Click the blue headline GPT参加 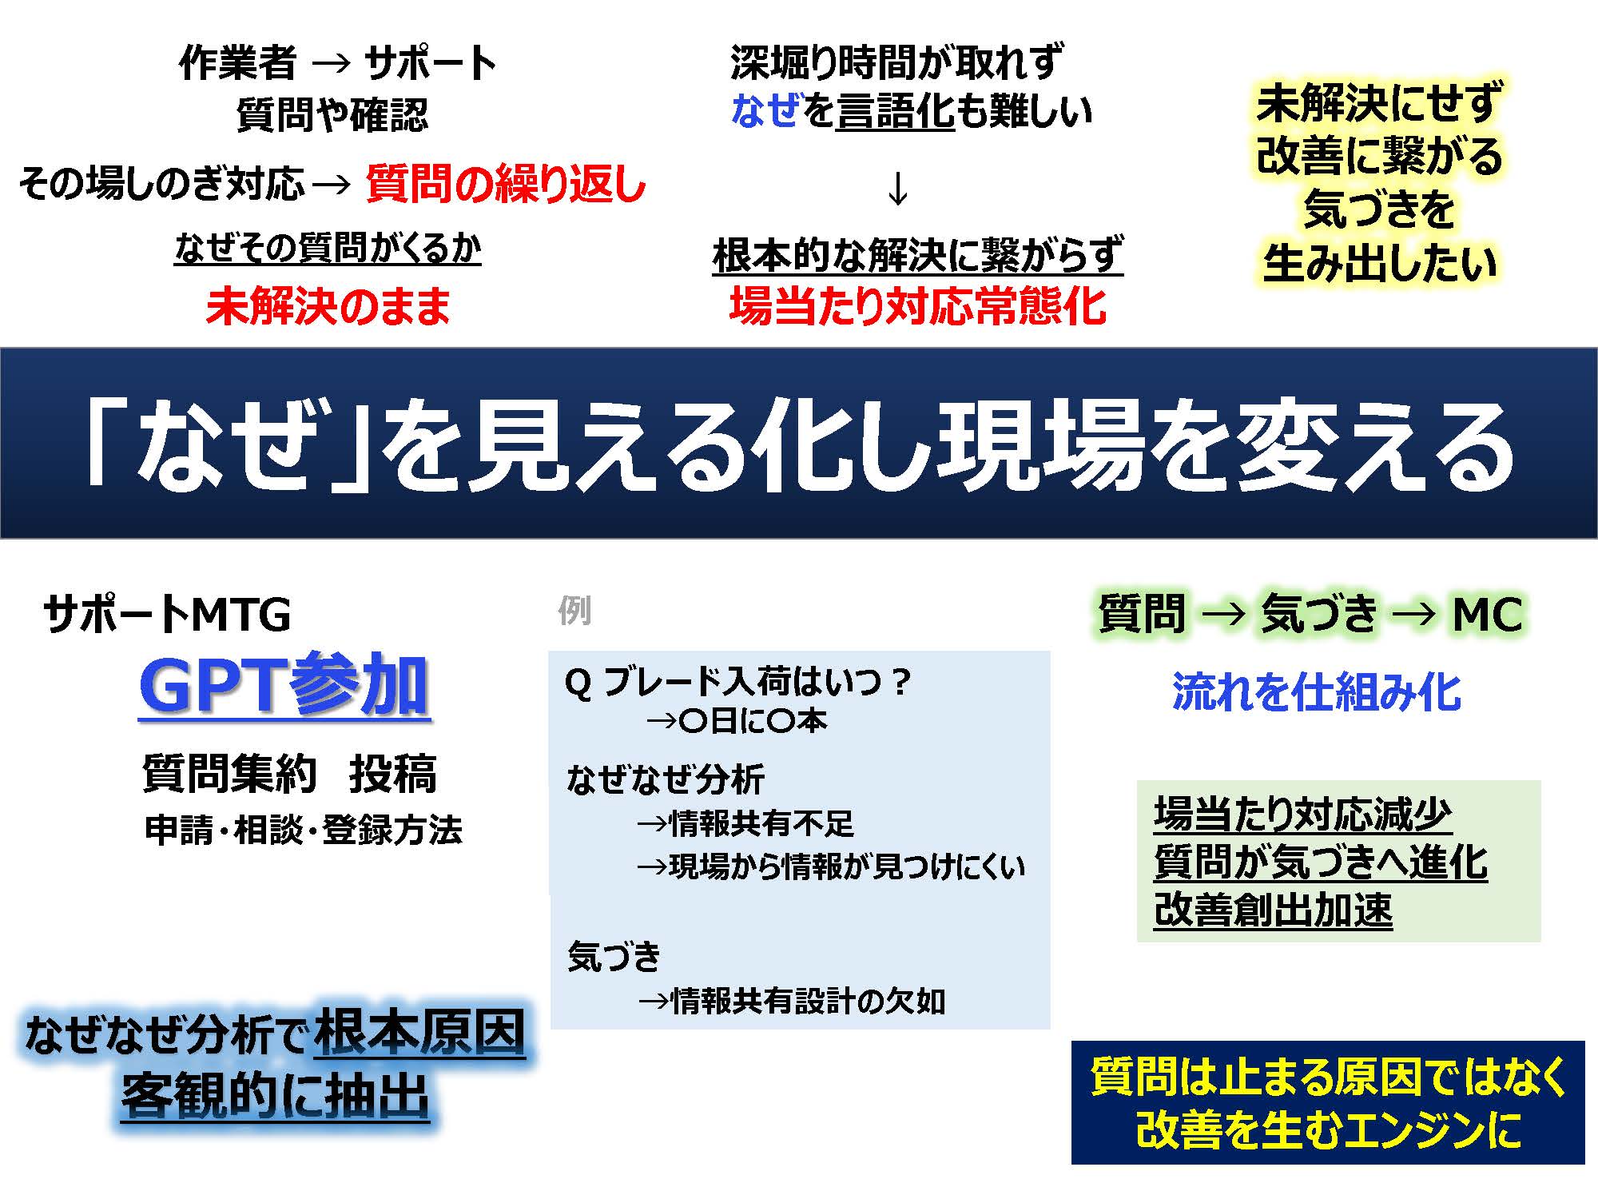284,685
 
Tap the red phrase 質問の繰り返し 506,184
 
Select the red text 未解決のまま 328,306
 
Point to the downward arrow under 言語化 898,189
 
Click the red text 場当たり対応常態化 918,305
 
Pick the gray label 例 574,611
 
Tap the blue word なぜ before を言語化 765,110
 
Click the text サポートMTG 167,615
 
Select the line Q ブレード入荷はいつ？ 737,682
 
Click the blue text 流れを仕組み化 1317,691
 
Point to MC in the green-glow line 1488,615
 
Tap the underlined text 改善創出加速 1274,910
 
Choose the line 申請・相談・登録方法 304,830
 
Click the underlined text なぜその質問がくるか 328,249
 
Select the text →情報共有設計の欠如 792,1000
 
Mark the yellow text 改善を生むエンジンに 1329,1130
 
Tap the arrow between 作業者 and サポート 331,63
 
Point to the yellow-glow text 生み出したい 1380,263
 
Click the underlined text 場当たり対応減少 1303,815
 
